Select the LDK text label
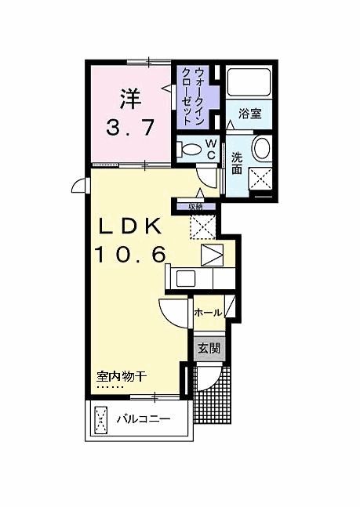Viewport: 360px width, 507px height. (x=129, y=226)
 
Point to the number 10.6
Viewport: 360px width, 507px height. (x=129, y=254)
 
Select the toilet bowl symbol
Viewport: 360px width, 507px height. (x=190, y=149)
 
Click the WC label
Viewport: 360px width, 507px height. (x=211, y=148)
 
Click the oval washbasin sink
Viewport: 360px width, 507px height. (x=262, y=147)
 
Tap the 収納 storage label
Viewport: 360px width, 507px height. (x=205, y=206)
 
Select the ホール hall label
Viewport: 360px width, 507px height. (x=207, y=311)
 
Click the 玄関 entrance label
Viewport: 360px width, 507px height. (x=208, y=348)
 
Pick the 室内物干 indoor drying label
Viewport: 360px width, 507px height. (x=122, y=376)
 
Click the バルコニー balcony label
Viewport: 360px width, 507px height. (x=144, y=419)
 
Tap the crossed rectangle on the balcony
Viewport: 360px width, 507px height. (x=101, y=419)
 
